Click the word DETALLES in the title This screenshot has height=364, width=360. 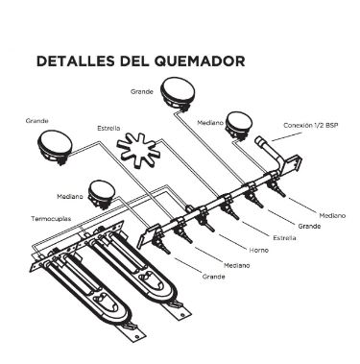click(72, 61)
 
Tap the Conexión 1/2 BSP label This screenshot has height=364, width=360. click(311, 126)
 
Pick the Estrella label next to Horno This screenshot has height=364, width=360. click(284, 236)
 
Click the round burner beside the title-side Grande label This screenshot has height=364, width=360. click(180, 95)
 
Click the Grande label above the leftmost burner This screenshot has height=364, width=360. click(37, 122)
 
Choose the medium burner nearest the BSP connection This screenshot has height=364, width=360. click(237, 129)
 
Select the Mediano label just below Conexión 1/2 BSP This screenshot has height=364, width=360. click(331, 215)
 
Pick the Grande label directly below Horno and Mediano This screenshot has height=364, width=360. click(215, 276)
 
